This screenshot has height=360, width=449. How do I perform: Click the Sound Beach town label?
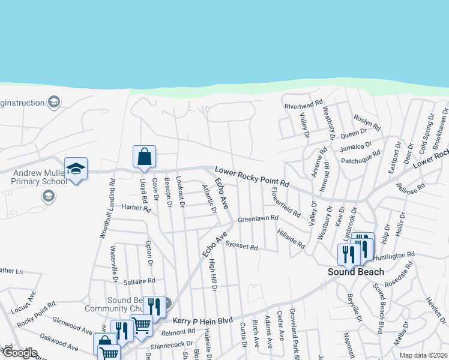click(355, 272)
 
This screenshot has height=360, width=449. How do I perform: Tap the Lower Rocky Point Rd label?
click(252, 178)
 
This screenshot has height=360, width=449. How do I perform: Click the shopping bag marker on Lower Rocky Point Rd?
click(144, 158)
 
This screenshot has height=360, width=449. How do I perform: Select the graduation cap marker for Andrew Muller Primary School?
click(76, 170)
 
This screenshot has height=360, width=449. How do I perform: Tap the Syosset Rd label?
click(241, 245)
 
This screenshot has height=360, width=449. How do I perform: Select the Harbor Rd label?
click(135, 208)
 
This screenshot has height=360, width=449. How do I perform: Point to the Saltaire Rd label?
click(139, 280)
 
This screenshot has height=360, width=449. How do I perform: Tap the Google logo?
click(20, 353)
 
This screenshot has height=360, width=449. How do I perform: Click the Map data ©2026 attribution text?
click(424, 355)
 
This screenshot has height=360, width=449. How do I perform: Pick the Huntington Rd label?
click(394, 256)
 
